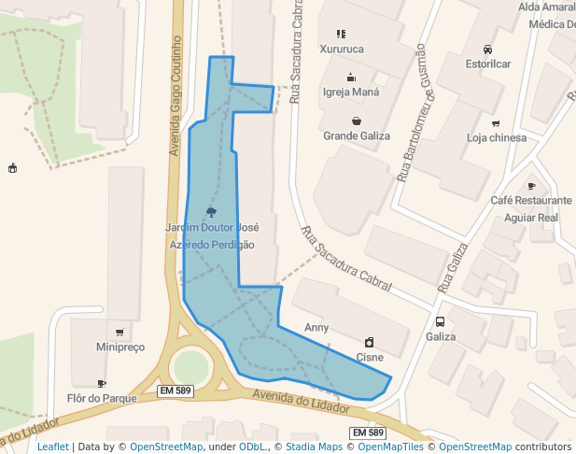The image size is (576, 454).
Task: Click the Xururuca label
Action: (341, 49)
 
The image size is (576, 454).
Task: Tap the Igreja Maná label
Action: (351, 92)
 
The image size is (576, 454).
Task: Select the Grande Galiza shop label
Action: (357, 135)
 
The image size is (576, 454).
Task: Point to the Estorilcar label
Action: (488, 64)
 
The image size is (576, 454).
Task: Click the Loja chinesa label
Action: (497, 138)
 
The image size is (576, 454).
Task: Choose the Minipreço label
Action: (120, 348)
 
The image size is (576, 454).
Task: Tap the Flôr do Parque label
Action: (104, 398)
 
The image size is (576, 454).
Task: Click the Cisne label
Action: (370, 357)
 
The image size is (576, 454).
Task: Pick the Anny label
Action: (316, 328)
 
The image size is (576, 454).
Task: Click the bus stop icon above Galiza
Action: (440, 321)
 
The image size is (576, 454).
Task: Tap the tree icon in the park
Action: (211, 212)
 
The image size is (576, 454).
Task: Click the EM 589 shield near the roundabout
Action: (176, 390)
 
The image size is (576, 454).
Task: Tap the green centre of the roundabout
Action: (192, 364)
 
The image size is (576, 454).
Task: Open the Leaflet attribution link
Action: (52, 447)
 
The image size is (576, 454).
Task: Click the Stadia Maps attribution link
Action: (313, 447)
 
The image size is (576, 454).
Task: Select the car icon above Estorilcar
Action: (488, 50)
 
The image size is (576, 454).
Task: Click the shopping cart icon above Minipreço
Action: (119, 333)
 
